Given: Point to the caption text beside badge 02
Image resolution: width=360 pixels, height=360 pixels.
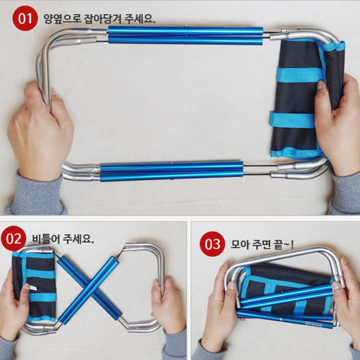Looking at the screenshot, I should tap(63, 239).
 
